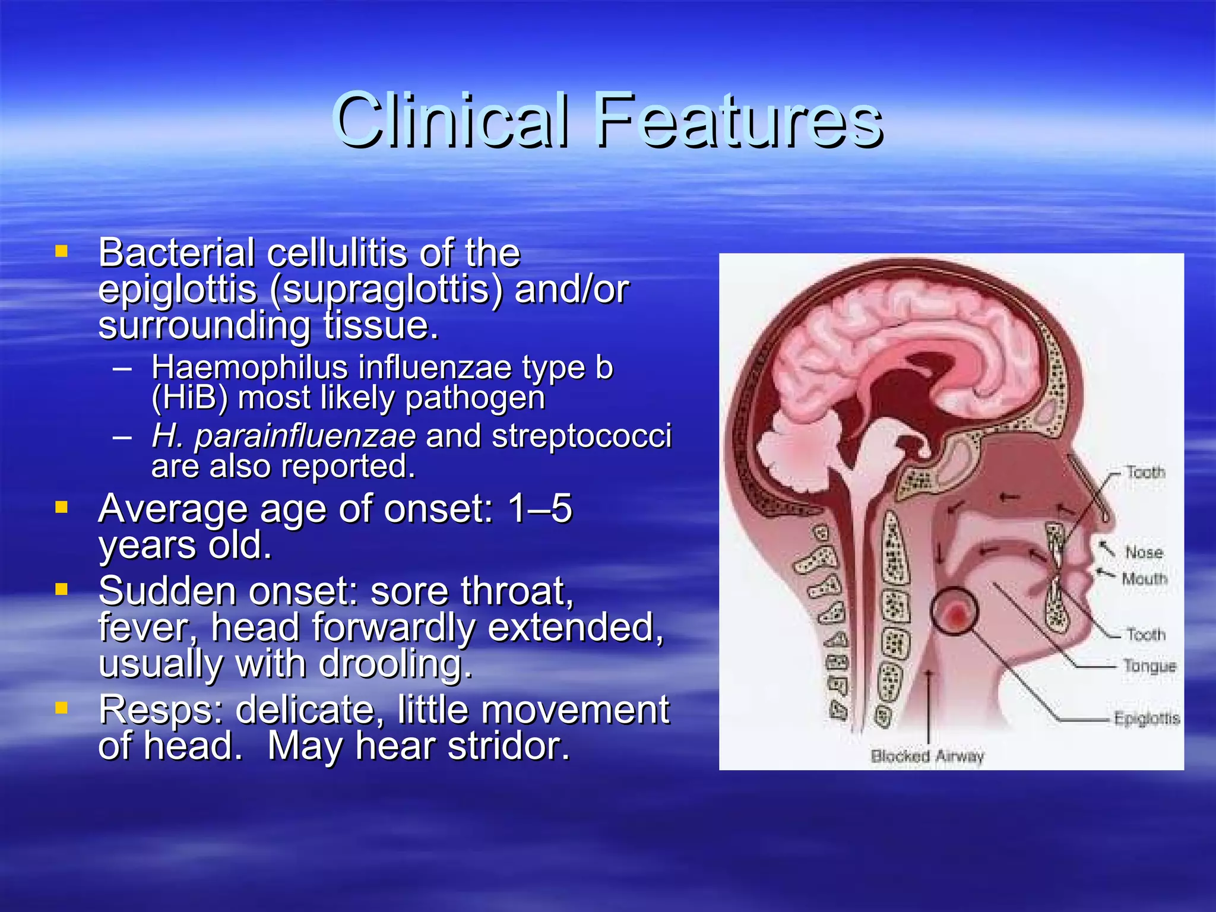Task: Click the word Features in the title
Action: click(x=739, y=121)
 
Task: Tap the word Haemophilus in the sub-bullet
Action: click(x=249, y=368)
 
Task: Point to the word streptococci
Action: click(x=581, y=436)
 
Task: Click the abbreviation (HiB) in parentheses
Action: click(x=189, y=398)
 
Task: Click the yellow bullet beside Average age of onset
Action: click(x=61, y=507)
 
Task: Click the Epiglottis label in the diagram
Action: click(x=1146, y=718)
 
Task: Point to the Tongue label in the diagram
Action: click(x=1149, y=666)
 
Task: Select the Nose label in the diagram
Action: click(x=1144, y=553)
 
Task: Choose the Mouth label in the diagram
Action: click(x=1144, y=578)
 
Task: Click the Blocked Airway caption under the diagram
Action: click(x=927, y=756)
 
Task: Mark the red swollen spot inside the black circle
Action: click(x=955, y=615)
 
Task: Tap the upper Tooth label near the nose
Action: click(x=1145, y=473)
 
